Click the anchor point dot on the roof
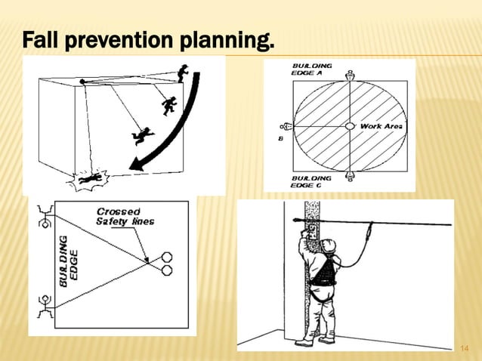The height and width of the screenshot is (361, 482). pyautogui.click(x=82, y=82)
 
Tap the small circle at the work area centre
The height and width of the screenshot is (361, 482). pyautogui.click(x=350, y=126)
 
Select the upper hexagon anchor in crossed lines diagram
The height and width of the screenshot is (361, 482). pyautogui.click(x=166, y=256)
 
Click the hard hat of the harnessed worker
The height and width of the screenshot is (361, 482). pyautogui.click(x=327, y=245)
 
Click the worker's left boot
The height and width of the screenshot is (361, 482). pyautogui.click(x=304, y=341)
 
